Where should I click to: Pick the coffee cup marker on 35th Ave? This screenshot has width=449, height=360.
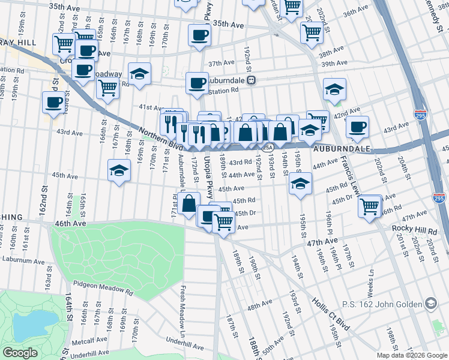pos(199,35)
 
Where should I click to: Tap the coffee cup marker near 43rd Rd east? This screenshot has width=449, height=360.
pos(358,127)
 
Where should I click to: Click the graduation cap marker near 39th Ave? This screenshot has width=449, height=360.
pos(334,89)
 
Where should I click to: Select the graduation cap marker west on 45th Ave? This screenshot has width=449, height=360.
pos(119,170)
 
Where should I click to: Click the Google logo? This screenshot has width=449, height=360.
pos(20,353)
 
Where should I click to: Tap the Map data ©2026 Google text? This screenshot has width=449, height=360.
pos(411,355)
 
